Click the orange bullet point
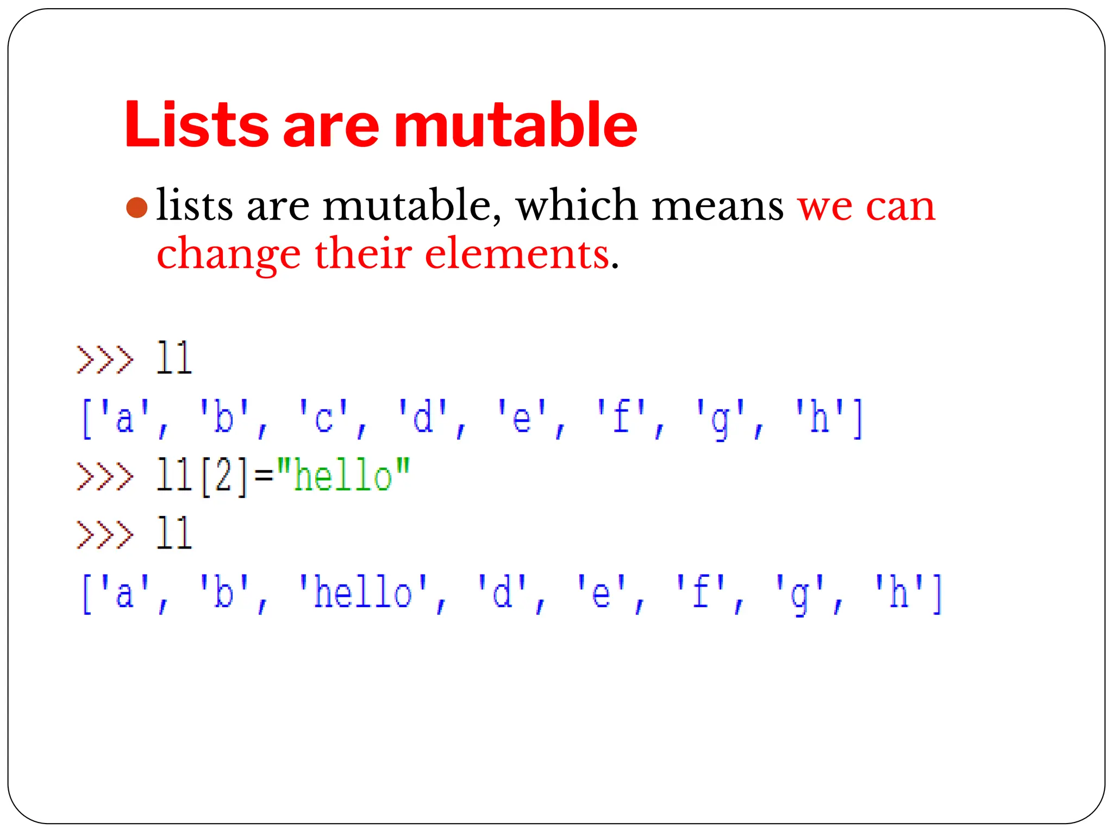(136, 208)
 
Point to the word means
(717, 207)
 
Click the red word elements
(517, 254)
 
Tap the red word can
(901, 207)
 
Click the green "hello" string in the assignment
(343, 476)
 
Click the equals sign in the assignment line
(264, 477)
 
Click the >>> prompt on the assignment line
(105, 476)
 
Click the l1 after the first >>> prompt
(174, 359)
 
